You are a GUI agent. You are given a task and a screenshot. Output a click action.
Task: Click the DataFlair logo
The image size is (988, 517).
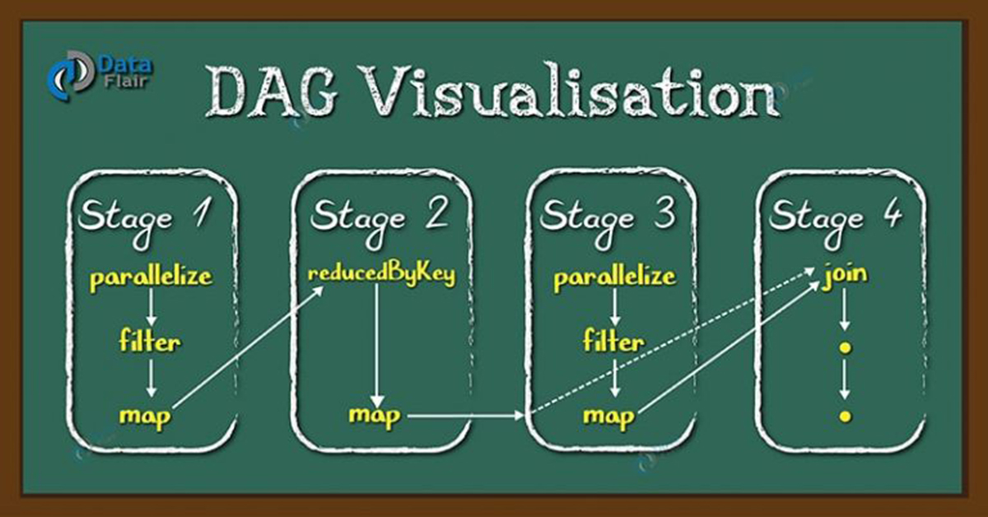click(x=100, y=75)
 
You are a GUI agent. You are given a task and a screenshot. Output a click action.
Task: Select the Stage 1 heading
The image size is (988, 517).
click(x=145, y=221)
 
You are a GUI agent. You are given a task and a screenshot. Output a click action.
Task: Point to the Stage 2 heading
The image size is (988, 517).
click(x=380, y=221)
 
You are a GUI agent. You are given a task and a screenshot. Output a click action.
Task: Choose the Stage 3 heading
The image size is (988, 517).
click(x=608, y=221)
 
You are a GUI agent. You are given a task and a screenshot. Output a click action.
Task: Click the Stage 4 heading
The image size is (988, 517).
click(x=837, y=221)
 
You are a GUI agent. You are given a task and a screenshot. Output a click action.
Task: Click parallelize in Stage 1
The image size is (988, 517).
click(x=151, y=278)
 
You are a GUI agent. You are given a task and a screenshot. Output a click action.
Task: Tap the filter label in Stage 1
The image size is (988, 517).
click(x=150, y=341)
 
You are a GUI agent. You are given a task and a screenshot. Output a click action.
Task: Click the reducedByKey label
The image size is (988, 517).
click(x=381, y=274)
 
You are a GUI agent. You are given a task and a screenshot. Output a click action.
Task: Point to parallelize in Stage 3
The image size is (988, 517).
click(x=615, y=278)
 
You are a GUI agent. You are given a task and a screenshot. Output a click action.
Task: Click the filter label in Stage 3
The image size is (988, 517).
click(x=613, y=341)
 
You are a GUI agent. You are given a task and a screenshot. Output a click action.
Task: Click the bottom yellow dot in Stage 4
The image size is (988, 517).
click(x=845, y=416)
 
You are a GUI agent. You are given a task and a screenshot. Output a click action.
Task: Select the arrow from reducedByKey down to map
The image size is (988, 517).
click(x=376, y=346)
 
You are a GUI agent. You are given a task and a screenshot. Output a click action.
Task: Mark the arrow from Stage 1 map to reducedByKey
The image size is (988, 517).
click(x=248, y=347)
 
